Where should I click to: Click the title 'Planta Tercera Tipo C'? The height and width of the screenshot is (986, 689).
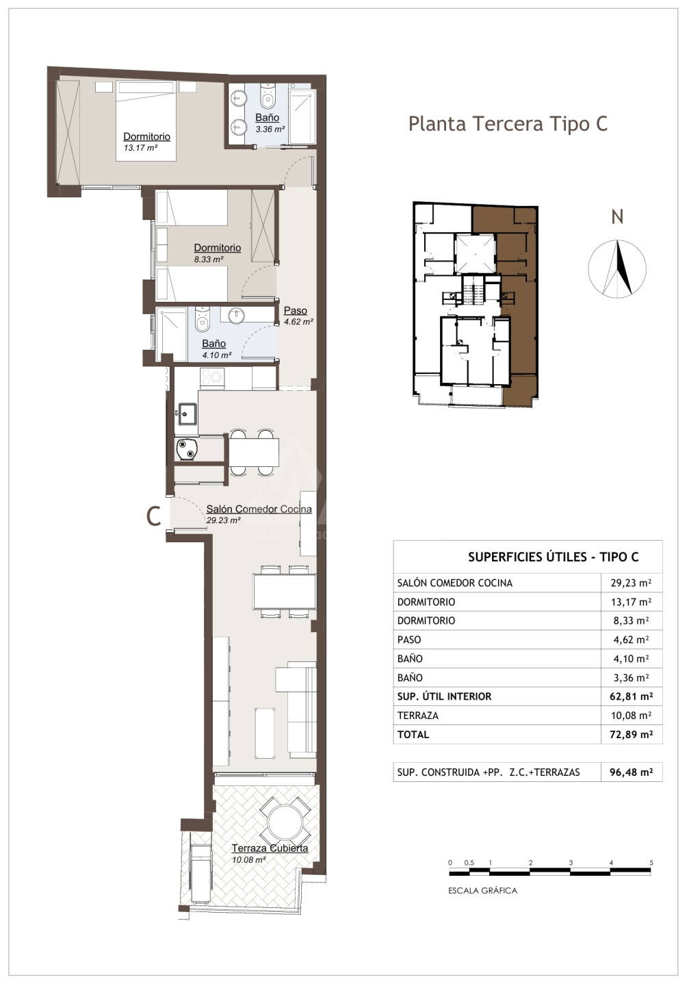tap(508, 124)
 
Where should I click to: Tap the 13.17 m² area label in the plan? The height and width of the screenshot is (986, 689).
tap(140, 148)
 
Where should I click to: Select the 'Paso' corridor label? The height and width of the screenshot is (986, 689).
tap(295, 310)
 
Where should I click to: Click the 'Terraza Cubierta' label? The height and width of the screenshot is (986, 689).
tap(270, 848)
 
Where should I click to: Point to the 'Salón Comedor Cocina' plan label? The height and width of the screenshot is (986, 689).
tap(259, 509)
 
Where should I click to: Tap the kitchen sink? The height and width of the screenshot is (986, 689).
tap(187, 414)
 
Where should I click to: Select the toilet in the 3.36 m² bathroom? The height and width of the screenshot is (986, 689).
tap(267, 96)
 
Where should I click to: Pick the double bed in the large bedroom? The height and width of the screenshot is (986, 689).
tap(146, 121)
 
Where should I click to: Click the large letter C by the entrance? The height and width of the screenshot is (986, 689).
tap(153, 516)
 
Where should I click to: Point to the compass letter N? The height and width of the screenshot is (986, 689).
tap(617, 217)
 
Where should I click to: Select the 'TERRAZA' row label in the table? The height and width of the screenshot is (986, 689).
tap(417, 716)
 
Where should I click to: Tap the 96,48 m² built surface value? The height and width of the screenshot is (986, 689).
tap(631, 772)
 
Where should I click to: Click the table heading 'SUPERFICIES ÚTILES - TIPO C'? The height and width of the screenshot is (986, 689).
tap(553, 557)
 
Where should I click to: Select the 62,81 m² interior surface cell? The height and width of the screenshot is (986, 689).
tap(631, 696)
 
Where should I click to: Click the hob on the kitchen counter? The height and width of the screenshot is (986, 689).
tap(212, 378)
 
